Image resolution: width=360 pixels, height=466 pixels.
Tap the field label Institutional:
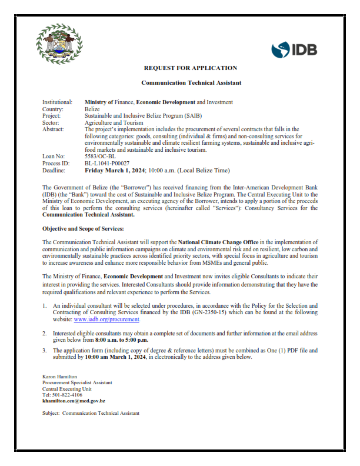click(58, 102)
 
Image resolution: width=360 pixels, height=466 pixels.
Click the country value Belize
click(92, 109)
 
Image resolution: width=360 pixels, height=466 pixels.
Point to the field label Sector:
click(51, 122)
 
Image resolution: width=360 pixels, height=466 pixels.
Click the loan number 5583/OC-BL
click(99, 156)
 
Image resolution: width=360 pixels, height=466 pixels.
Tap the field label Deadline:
click(55, 169)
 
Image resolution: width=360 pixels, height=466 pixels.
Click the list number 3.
click(45, 350)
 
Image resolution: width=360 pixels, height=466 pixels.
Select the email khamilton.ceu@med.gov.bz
click(74, 401)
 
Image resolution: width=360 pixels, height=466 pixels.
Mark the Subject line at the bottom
click(91, 414)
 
